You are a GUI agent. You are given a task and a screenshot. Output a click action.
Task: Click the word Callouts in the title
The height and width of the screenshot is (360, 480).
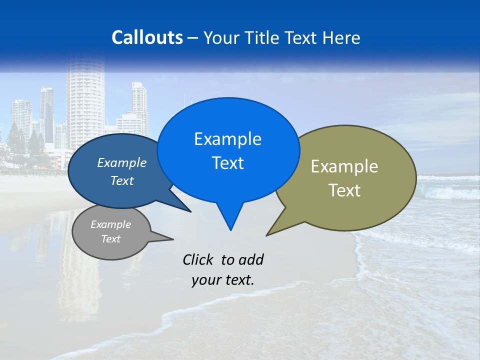point(147,37)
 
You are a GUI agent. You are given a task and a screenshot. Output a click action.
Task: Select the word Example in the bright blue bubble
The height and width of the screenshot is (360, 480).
point(227,139)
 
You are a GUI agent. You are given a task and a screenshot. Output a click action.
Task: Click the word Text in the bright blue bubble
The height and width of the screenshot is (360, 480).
point(227,163)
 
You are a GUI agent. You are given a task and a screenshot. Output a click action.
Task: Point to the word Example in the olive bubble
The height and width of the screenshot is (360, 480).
point(344,166)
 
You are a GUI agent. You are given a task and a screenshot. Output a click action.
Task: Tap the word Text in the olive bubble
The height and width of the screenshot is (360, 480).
point(344,190)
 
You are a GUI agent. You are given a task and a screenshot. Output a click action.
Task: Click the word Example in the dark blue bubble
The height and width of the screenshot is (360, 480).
point(121,162)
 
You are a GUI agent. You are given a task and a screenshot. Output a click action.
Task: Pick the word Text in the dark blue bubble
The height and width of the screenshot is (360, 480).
point(121,180)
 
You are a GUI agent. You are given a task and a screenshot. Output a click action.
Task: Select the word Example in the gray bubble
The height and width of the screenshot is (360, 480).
point(110,224)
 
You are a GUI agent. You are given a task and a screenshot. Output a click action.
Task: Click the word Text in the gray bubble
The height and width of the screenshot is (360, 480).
point(110,239)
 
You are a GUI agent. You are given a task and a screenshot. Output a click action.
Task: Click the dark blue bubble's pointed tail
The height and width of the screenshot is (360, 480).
point(187,209)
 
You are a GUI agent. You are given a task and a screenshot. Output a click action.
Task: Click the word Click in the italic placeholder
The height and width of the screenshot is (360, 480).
point(199,259)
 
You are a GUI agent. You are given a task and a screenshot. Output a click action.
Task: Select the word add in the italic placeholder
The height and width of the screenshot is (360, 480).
point(251,259)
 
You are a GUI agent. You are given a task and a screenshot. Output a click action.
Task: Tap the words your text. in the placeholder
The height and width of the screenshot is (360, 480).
point(222,280)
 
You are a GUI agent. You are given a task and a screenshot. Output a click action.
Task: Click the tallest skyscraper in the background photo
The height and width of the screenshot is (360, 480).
point(85,100)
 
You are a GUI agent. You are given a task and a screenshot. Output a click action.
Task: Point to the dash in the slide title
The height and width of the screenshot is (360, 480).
point(193,38)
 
